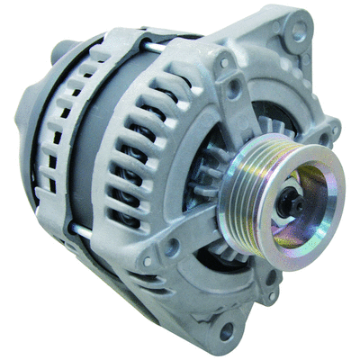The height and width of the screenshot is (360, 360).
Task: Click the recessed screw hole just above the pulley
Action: click(237, 90)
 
